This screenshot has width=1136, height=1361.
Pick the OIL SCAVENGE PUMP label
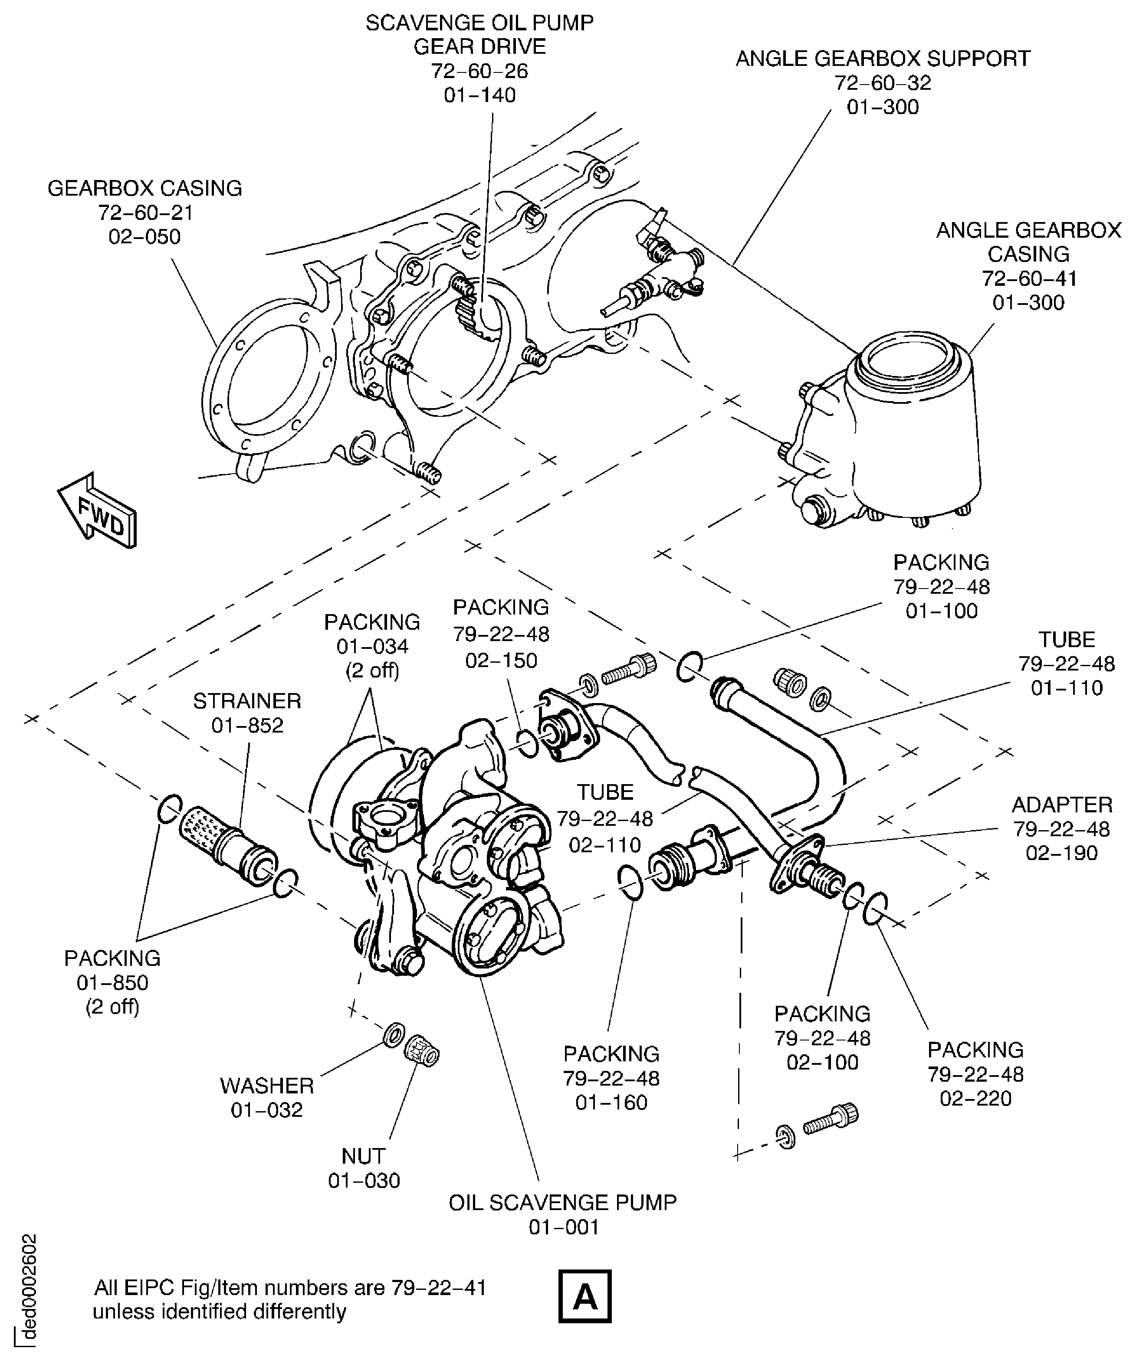click(x=562, y=1202)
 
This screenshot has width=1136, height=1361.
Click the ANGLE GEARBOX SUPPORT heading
click(x=883, y=59)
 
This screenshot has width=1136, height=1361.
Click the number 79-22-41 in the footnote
click(x=438, y=1287)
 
